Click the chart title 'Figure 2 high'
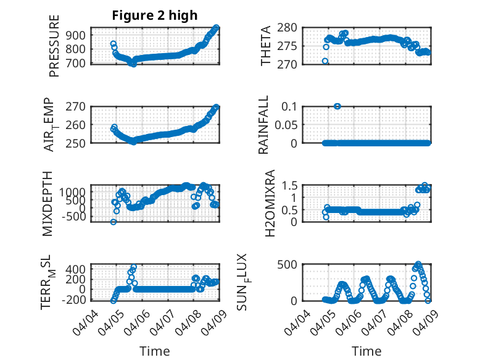point(155,15)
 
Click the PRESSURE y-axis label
point(54,45)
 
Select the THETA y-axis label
point(266,46)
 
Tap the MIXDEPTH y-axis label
point(48,203)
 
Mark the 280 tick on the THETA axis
point(292,27)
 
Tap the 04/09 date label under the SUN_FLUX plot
point(420,320)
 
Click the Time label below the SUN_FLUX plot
point(366,351)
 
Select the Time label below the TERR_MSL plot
point(154,351)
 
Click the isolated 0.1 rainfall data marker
point(337,106)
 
